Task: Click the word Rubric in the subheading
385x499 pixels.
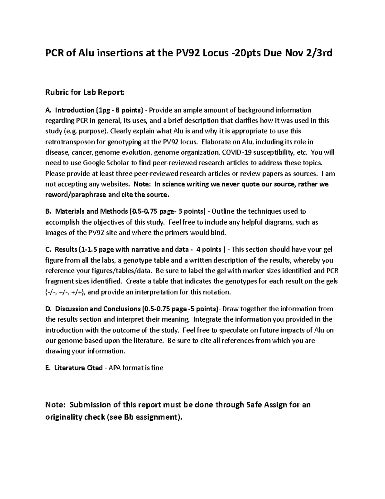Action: point(56,93)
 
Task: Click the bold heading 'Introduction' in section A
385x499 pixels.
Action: point(74,110)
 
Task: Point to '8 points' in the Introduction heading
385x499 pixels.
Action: point(128,110)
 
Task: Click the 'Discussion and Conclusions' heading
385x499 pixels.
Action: point(98,309)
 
